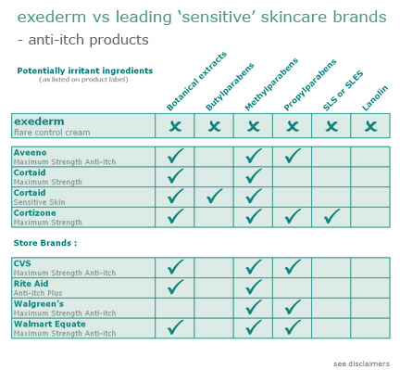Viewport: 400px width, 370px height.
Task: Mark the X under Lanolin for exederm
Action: coord(370,125)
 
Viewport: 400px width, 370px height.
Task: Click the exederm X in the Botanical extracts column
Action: coord(175,125)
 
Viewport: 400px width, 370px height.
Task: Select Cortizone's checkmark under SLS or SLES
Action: coord(331,216)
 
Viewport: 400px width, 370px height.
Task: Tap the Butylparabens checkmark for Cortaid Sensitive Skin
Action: coord(214,196)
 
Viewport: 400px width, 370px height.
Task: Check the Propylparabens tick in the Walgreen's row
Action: coord(293,307)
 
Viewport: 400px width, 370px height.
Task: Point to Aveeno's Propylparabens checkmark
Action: coord(293,155)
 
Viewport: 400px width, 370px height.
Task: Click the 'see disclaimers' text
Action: coord(362,363)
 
